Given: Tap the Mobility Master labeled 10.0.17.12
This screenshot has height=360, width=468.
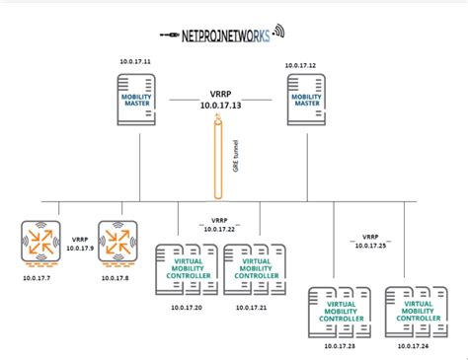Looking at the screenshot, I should (x=305, y=105).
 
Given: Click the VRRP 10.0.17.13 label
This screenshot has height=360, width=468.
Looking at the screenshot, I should (x=221, y=99).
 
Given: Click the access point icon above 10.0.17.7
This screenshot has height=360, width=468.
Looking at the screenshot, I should (x=41, y=243).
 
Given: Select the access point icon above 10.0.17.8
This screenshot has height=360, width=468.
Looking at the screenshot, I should (x=117, y=243).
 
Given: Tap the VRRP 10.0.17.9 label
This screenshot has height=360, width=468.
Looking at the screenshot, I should (x=80, y=245).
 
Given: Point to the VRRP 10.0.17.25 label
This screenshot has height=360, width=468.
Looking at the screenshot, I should (x=370, y=241).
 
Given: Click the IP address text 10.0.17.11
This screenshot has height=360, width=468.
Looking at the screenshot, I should (x=134, y=63).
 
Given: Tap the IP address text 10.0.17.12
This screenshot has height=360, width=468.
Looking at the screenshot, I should (x=301, y=65).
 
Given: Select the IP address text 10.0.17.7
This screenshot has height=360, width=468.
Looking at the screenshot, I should (x=39, y=278).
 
